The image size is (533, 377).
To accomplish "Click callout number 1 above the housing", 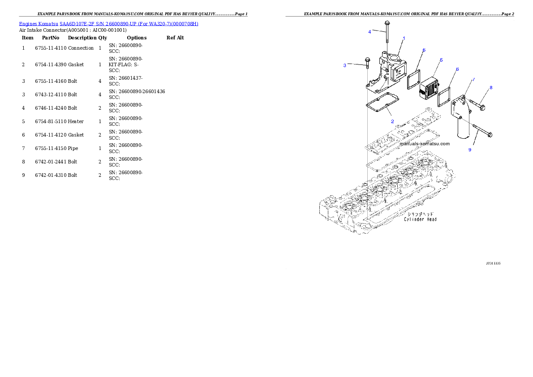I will pos(404,39).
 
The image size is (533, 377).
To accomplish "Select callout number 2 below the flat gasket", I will pos(392,121).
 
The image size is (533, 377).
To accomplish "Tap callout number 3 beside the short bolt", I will pos(345,65).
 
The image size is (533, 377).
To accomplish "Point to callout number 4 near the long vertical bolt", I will pos(370,32).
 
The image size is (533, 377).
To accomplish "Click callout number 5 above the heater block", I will pos(441,60).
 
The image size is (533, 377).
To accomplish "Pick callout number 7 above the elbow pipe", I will pos(473,79).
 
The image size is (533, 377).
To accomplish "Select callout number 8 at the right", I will pos(491,88).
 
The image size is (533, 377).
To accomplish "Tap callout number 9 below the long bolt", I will pos(470,150).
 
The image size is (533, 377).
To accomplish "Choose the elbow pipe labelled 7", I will pos(462,116).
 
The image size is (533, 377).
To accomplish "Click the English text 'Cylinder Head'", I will pos(420,219).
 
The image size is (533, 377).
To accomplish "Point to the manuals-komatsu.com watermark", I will pos(425,144).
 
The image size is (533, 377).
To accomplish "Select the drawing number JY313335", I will pos(493,263).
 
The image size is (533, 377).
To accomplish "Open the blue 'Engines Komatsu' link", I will pos(108,24).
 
